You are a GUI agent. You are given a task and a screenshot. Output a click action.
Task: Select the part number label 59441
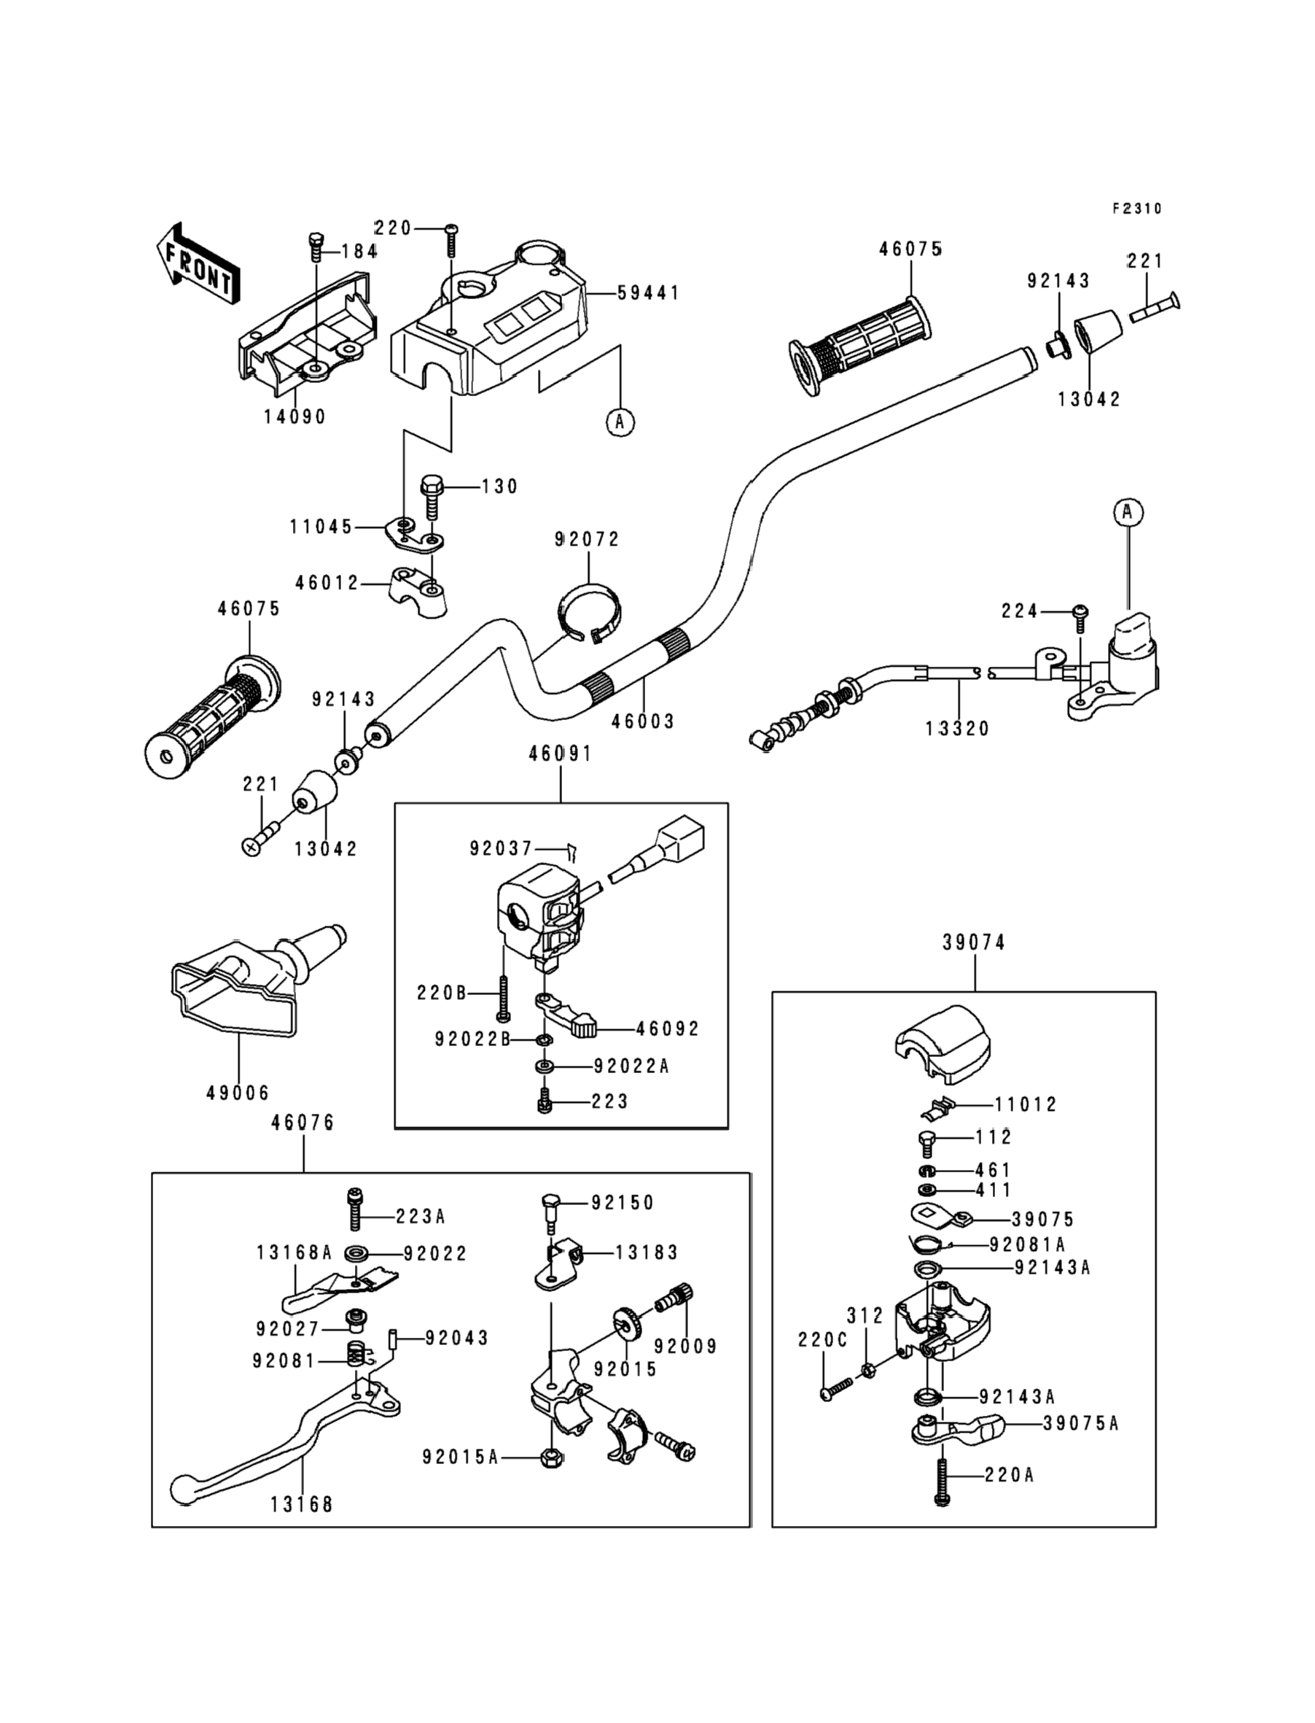coord(648,293)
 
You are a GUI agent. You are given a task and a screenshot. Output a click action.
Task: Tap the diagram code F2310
coord(1137,209)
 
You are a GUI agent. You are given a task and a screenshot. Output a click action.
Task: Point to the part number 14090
coord(294,417)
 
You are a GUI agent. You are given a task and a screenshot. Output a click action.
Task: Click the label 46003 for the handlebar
coord(643,721)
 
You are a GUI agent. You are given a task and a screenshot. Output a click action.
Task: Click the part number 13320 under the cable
coord(957,729)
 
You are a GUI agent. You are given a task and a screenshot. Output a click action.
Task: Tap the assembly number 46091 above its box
coord(561,754)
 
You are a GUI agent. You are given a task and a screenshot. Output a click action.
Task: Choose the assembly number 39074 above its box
coord(974,943)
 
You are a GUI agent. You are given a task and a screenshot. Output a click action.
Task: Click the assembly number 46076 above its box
coord(303,1123)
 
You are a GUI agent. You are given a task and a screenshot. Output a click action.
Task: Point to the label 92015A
coord(460,1457)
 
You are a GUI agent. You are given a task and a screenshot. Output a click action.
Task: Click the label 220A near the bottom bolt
coord(1010,1476)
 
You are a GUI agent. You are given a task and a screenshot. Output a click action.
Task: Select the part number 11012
coord(1026,1105)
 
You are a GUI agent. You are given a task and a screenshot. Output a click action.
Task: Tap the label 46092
coord(668,1029)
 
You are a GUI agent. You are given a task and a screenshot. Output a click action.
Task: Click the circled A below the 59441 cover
coord(620,422)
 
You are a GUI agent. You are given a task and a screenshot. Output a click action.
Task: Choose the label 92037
coord(501,849)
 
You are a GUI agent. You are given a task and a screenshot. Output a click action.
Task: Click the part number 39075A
coord(1080,1424)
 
